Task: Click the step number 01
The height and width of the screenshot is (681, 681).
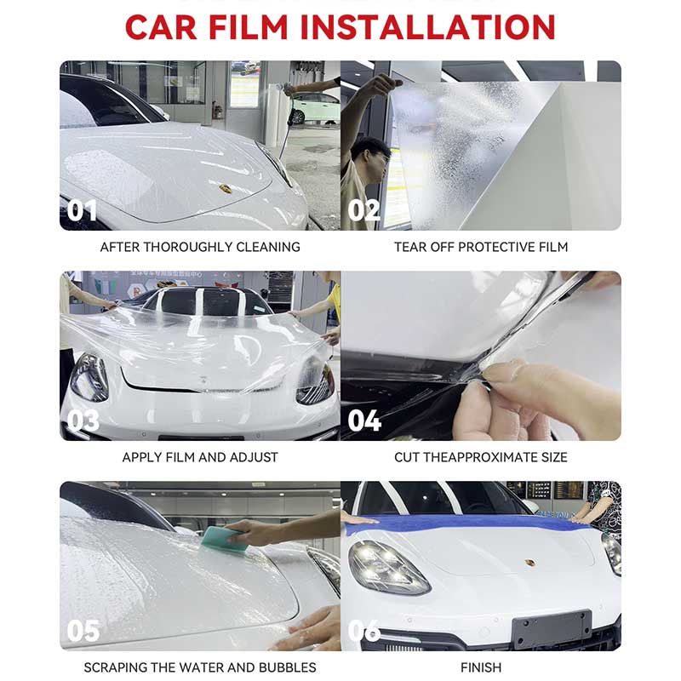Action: [83, 210]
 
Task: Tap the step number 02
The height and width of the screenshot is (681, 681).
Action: [364, 210]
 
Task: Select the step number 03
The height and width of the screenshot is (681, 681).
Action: [83, 421]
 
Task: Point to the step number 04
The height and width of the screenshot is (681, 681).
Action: [365, 421]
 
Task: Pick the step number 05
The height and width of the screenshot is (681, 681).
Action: [83, 631]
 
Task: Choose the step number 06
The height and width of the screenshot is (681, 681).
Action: [364, 631]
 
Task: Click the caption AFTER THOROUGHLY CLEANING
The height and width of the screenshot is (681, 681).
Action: [200, 247]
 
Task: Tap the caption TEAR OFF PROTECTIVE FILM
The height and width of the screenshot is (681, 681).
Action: [481, 247]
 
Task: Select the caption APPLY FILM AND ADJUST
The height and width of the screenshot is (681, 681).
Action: [200, 457]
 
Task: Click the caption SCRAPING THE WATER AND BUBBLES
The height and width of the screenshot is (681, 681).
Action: [200, 667]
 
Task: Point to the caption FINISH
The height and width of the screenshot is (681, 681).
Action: [481, 667]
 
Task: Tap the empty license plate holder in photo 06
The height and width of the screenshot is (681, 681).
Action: [551, 630]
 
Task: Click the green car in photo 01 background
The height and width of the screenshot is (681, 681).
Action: [315, 108]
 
